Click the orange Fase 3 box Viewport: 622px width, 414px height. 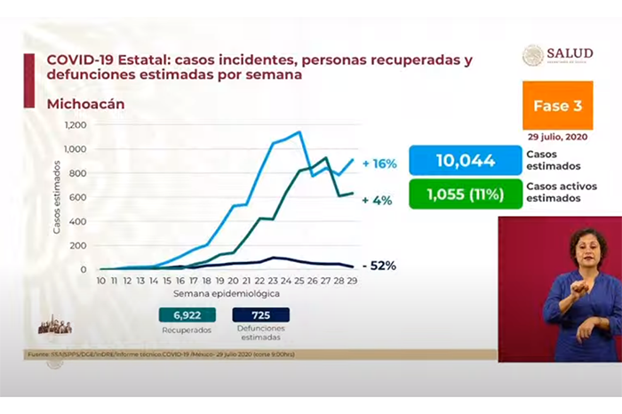[557, 106]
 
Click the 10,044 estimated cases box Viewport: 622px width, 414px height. [465, 161]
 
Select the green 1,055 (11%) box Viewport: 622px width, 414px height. [465, 194]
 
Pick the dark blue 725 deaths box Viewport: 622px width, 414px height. [260, 315]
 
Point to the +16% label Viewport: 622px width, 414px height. [379, 163]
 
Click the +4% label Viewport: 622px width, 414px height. [378, 201]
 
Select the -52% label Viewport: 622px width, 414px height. [378, 265]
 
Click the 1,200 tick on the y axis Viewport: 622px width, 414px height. [76, 124]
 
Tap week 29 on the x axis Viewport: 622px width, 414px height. [352, 281]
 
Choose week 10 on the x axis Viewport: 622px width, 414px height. [102, 281]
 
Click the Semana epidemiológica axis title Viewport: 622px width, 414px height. [226, 293]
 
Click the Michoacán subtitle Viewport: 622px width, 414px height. [85, 104]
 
